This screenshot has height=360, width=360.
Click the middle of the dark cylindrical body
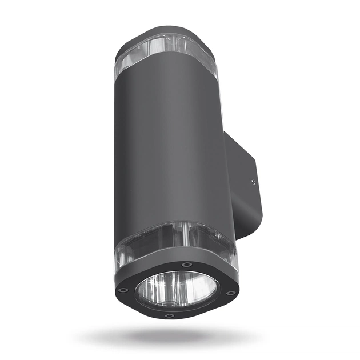coord(171,149)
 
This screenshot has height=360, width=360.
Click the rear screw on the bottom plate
coord(187,265)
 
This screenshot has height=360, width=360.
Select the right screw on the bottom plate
coord(230,293)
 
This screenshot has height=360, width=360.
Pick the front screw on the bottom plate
coord(169,315)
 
